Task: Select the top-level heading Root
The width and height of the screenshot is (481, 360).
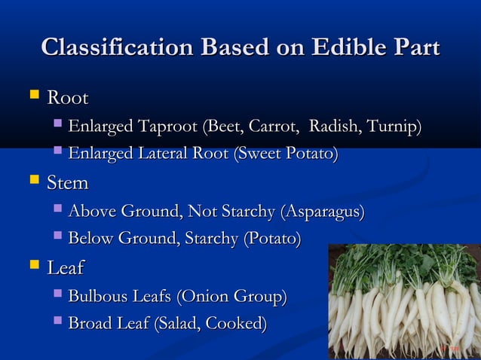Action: [68, 99]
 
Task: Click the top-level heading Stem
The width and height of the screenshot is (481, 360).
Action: [68, 183]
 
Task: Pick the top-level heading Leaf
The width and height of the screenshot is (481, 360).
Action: [66, 267]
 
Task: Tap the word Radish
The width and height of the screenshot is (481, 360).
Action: [336, 127]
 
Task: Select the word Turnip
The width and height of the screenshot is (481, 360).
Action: [396, 127]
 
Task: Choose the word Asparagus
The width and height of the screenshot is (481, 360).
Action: [323, 212]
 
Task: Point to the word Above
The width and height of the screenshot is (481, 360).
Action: [90, 212]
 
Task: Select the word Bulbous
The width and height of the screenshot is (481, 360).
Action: [97, 296]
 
